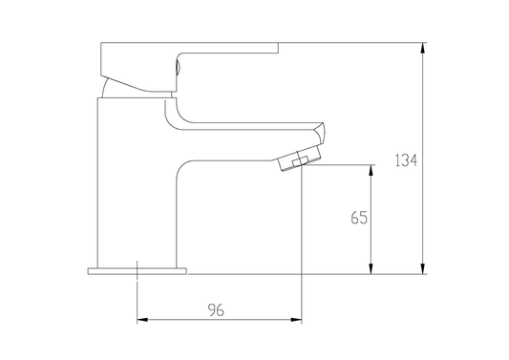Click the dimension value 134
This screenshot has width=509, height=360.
406,160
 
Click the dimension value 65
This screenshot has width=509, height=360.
359,218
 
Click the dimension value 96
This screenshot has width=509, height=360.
216,310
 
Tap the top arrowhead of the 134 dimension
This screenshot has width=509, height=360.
422,48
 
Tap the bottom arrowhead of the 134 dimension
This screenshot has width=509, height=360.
422,268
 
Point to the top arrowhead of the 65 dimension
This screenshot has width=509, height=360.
371,170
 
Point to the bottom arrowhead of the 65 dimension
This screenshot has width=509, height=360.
371,268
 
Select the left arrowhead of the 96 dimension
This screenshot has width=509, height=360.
142,320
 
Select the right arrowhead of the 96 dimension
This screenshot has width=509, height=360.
296,320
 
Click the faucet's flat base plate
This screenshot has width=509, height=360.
138,271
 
